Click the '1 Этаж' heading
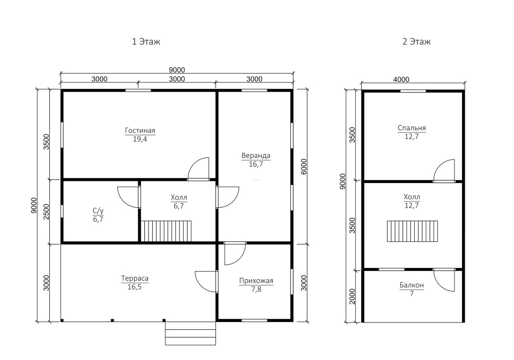[146, 42]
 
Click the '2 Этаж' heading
[416, 42]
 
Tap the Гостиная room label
[140, 131]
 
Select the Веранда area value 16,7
[255, 164]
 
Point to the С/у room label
[98, 211]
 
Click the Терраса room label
[135, 278]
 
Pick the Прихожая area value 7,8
[256, 289]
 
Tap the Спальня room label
[412, 128]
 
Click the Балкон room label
[412, 285]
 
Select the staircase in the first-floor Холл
[166, 231]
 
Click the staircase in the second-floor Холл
[412, 231]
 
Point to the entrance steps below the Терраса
[191, 333]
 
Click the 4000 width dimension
[401, 80]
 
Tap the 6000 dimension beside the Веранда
[304, 167]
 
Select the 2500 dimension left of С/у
[46, 212]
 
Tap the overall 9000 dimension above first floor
[177, 70]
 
